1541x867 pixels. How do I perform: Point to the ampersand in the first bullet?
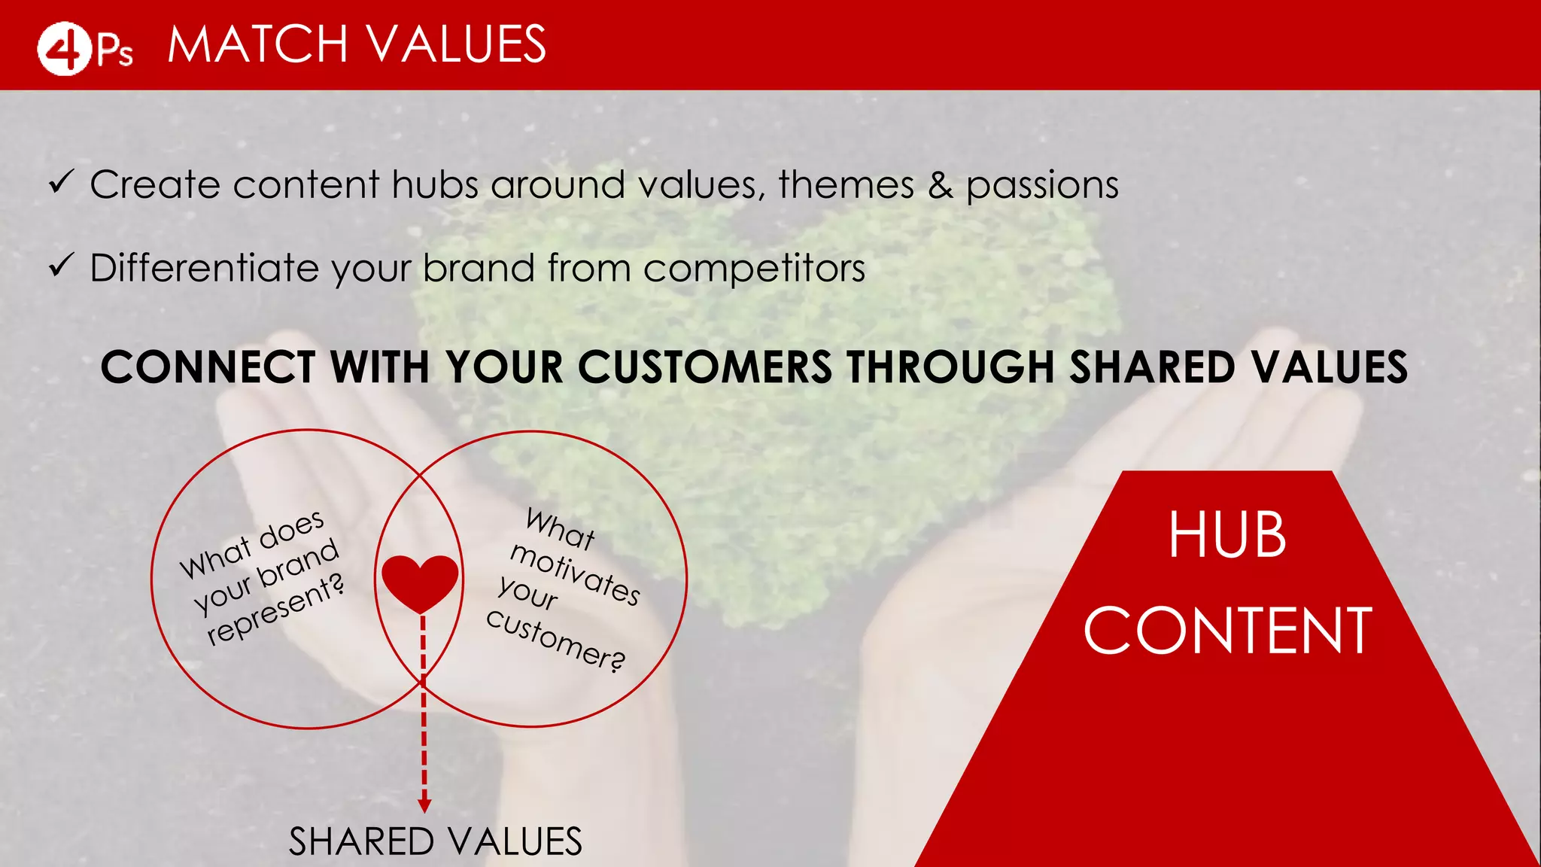pyautogui.click(x=940, y=185)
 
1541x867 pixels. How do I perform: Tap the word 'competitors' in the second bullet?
pyautogui.click(x=754, y=269)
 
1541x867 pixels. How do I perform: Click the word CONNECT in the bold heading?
pyautogui.click(x=208, y=367)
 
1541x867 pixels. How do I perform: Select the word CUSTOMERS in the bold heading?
pyautogui.click(x=705, y=367)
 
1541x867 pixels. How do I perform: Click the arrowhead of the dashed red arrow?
pyautogui.click(x=424, y=805)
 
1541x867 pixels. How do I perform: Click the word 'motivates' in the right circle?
pyautogui.click(x=575, y=574)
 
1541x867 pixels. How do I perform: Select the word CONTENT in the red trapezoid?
pyautogui.click(x=1227, y=631)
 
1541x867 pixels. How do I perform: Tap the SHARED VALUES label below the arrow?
pyautogui.click(x=435, y=841)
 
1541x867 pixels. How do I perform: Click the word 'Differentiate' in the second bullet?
pyautogui.click(x=204, y=268)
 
